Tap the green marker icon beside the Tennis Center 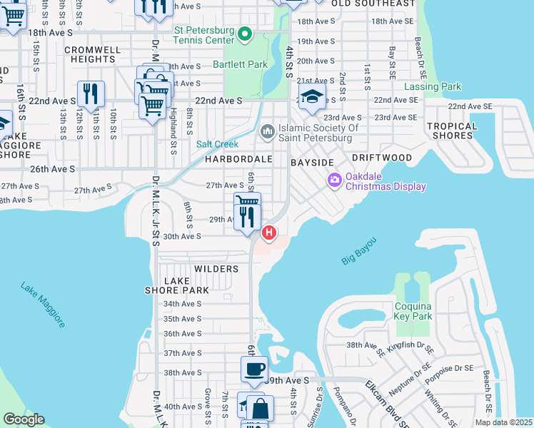point(245,34)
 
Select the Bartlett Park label point(240,64)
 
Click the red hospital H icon point(269,232)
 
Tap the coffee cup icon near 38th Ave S point(254,370)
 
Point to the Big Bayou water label point(358,254)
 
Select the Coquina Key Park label point(413,310)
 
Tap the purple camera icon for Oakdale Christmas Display point(333,181)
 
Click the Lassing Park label point(433,87)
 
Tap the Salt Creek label point(218,144)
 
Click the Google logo point(24,419)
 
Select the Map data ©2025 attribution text point(503,422)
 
